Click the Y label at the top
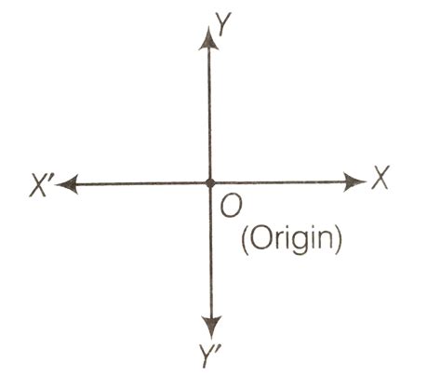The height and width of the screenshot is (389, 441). point(223,24)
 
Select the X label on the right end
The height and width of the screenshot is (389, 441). point(381,178)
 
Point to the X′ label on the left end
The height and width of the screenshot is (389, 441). point(40,186)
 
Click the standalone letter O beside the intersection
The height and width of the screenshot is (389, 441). point(231,207)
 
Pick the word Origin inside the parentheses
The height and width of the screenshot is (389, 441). point(291,241)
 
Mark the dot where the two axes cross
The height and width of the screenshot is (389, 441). point(210,183)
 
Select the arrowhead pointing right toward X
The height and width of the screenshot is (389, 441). point(354,181)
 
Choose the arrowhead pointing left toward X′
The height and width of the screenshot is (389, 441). point(67,184)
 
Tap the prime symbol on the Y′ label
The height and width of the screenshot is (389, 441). point(219,350)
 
